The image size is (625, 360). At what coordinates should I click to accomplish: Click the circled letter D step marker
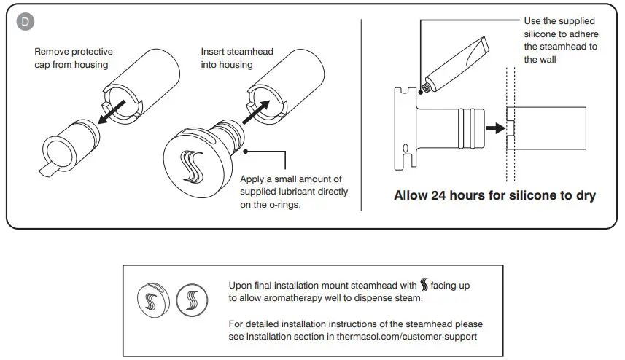coord(26,21)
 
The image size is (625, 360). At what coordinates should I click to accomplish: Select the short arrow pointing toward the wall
coord(495,128)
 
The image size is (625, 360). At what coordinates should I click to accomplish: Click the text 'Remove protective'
coord(73,52)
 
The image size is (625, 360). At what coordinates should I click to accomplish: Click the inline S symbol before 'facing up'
coord(426,285)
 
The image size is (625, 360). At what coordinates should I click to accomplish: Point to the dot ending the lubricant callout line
coord(246,152)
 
